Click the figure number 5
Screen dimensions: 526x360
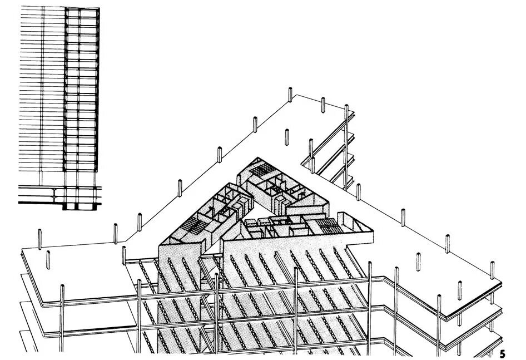point(503,353)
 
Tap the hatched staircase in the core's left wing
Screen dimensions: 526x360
point(194,225)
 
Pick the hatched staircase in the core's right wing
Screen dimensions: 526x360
point(329,225)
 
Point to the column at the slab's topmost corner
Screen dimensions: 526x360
point(290,95)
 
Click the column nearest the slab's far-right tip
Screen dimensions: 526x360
point(491,270)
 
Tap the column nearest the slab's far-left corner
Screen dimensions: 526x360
point(39,238)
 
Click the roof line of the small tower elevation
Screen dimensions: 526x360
point(59,8)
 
